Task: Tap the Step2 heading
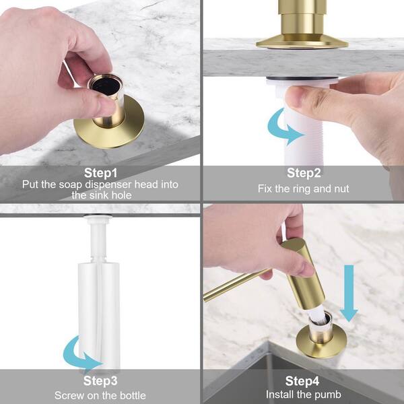point(303,172)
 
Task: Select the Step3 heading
point(100,382)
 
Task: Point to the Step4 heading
point(303,382)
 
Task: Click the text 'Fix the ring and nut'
point(303,189)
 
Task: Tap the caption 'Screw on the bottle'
point(100,395)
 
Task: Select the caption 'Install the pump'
point(303,395)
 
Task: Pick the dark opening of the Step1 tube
point(106,86)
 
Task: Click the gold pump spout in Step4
point(236,286)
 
